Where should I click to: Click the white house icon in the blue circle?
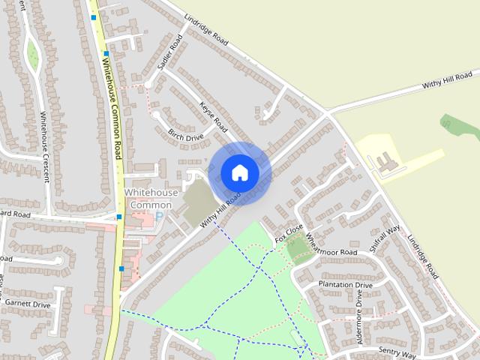pyautogui.click(x=240, y=172)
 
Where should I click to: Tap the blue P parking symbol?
pyautogui.click(x=158, y=217)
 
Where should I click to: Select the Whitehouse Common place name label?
pyautogui.click(x=151, y=199)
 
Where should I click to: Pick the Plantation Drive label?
pyautogui.click(x=345, y=285)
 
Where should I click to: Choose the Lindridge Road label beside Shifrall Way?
pyautogui.click(x=424, y=259)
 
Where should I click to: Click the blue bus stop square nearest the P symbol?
pyautogui.click(x=119, y=217)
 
